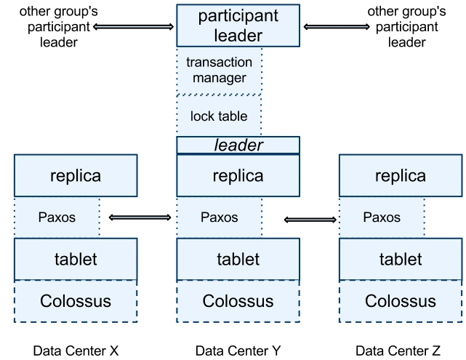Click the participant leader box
pos(238,25)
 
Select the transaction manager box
pos(219,71)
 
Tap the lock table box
pos(219,116)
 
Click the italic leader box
pos(238,145)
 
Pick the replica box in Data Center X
pos(76,175)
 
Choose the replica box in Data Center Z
pos(401,175)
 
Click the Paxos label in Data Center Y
pos(220,217)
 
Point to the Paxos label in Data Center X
pos(57,217)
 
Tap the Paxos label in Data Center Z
pos(382,217)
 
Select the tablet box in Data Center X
pos(76,259)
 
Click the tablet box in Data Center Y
pos(238,259)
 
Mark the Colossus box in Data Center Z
pos(401,301)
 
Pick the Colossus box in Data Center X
pos(76,301)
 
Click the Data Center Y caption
pos(238,351)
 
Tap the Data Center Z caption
pos(398,351)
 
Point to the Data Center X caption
pos(76,351)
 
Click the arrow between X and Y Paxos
pos(140,217)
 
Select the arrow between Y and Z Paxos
pos(310,220)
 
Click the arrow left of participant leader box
pos(134,27)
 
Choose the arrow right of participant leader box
pos(337,27)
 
